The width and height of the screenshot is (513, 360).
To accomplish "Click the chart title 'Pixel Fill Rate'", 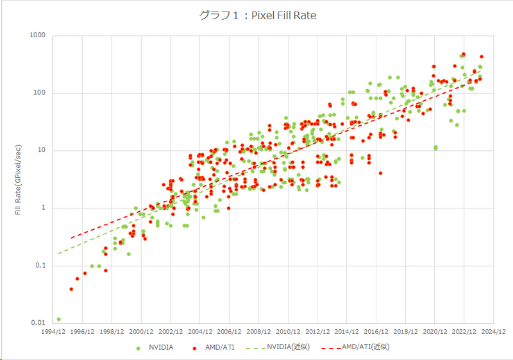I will [x=256, y=13].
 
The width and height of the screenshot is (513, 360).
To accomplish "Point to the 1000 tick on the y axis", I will [x=37, y=35].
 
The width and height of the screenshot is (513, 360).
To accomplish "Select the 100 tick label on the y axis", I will [x=38, y=93].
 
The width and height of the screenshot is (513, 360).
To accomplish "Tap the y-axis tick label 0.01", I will [x=37, y=323].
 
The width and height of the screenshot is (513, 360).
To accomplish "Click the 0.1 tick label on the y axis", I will [x=40, y=266].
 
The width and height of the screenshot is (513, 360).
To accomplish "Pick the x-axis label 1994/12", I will [x=53, y=332].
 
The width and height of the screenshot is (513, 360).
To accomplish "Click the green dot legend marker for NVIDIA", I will [x=138, y=347].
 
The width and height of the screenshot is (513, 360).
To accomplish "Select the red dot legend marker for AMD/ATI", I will [x=194, y=347].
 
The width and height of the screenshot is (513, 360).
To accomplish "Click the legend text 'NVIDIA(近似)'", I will [x=289, y=347].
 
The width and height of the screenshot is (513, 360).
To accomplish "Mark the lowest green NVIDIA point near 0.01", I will [x=58, y=319].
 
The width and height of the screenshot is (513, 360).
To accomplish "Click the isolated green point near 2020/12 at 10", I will [x=435, y=148].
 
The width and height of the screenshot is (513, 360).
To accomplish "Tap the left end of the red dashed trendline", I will [x=71, y=238].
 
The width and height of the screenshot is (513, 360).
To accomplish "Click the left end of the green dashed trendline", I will [x=58, y=253].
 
